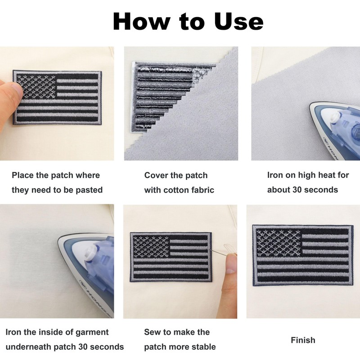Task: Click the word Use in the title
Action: pyautogui.click(x=238, y=21)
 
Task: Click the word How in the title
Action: pyautogui.click(x=142, y=21)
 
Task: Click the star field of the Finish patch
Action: pyautogui.click(x=278, y=243)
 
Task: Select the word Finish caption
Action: pyautogui.click(x=303, y=340)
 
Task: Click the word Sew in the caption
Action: pyautogui.click(x=152, y=332)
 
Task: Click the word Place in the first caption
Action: pyautogui.click(x=22, y=175)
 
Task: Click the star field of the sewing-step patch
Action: pyautogui.click(x=151, y=247)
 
